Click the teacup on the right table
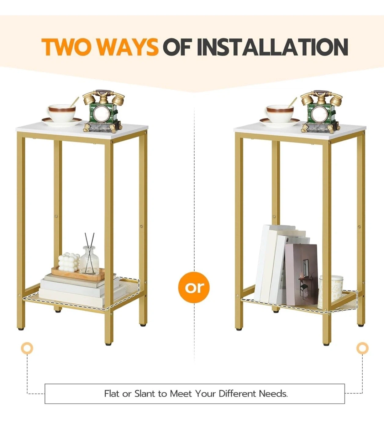pyautogui.click(x=280, y=114)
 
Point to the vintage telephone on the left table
pyautogui.click(x=104, y=111)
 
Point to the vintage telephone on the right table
pyautogui.click(x=322, y=111)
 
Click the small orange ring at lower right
pyautogui.click(x=362, y=348)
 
